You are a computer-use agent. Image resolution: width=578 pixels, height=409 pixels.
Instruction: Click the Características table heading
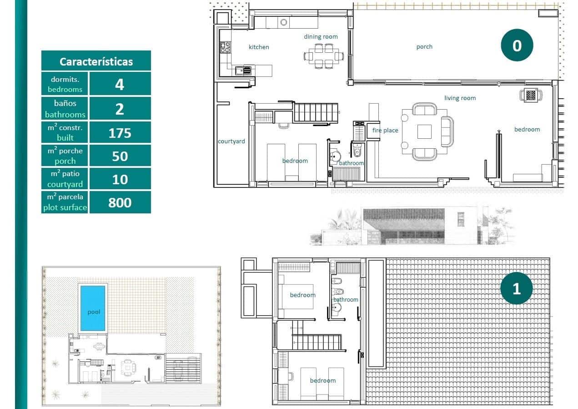96,61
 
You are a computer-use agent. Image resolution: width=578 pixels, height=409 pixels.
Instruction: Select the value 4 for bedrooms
120,85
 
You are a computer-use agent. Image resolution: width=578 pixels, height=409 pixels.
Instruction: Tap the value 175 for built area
120,133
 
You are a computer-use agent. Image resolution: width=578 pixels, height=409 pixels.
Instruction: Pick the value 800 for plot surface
120,202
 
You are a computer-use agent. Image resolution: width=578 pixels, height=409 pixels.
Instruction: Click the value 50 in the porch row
120,156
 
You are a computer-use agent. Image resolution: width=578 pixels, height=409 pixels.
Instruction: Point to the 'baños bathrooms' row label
65,109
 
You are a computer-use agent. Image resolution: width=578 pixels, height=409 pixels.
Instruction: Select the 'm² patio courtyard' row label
65,179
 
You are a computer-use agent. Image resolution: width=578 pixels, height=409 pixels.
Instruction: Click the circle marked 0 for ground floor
517,45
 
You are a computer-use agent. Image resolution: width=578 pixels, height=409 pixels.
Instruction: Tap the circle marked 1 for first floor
516,288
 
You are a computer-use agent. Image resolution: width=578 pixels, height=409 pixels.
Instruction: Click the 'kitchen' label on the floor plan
259,47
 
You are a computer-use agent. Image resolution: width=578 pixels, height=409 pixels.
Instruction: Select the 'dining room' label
321,36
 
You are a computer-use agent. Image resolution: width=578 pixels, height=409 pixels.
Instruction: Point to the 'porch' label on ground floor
424,46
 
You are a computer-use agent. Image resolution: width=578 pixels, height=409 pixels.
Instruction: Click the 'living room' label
460,98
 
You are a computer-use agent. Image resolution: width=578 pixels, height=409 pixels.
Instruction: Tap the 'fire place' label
385,130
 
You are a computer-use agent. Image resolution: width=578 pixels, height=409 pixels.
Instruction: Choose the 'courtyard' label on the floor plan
231,141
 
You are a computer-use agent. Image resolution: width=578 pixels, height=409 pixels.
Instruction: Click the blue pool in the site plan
93,308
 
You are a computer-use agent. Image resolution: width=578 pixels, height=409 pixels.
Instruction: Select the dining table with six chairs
324,56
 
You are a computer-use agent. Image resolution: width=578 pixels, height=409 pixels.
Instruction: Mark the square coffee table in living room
425,131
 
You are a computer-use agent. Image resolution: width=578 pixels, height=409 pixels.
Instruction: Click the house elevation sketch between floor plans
412,226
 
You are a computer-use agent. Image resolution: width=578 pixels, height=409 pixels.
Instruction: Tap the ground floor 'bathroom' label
352,163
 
